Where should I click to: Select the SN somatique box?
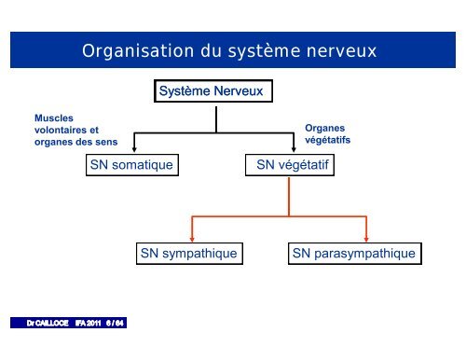131,165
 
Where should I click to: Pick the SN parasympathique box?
353,253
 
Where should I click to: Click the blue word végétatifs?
327,143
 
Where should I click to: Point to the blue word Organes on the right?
324,132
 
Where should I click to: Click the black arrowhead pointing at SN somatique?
136,147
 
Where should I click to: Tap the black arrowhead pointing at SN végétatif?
297,147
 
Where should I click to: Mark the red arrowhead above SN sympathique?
193,235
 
